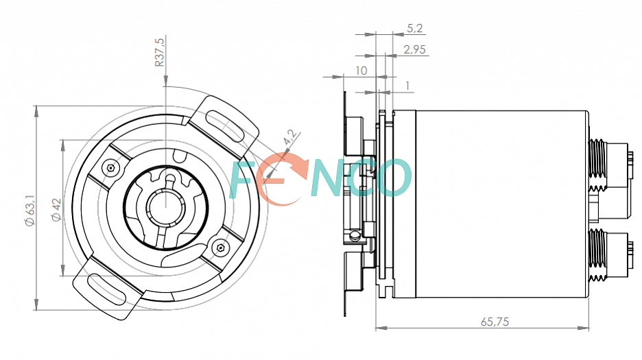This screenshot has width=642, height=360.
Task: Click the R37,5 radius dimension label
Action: click(159, 52)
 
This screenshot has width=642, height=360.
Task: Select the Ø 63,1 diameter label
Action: click(30, 211)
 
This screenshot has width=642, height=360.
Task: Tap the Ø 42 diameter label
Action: click(56, 210)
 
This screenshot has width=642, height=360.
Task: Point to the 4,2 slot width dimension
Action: click(289, 136)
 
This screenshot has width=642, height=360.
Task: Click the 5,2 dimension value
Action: click(414, 28)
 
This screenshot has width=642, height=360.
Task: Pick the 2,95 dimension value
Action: click(414, 49)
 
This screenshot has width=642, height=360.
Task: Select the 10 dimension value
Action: click(361, 71)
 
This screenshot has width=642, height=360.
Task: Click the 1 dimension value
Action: click(407, 86)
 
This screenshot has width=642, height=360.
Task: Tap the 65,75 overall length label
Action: click(495, 322)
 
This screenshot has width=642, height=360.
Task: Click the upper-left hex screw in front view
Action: click(110, 168)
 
